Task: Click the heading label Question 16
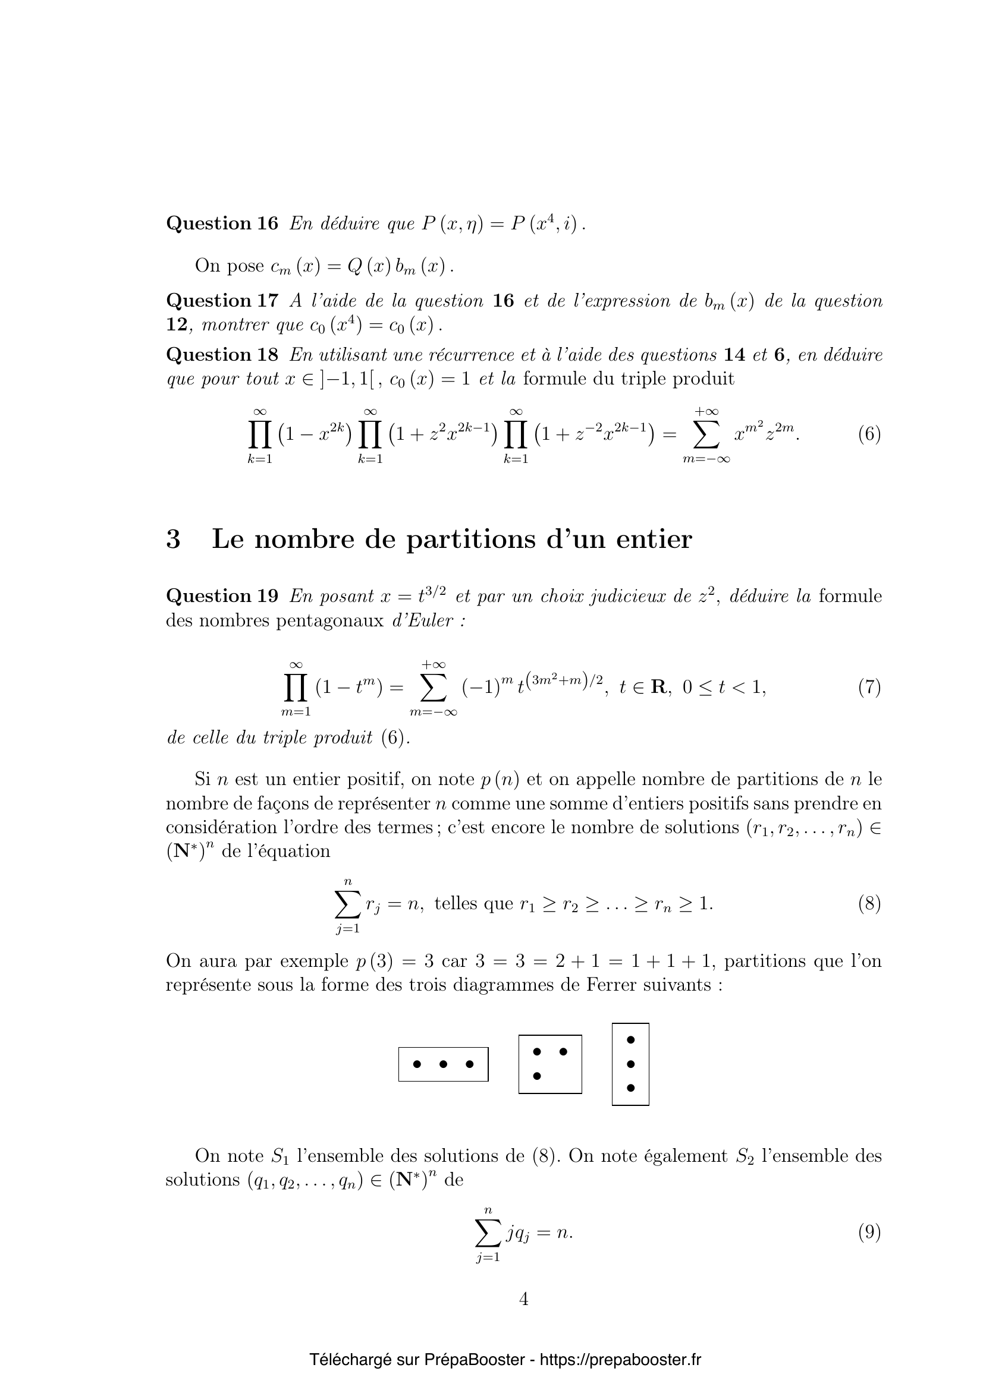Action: coord(222,224)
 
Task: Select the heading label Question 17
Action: coord(222,301)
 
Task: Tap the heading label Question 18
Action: coord(222,355)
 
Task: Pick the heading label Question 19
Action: coord(222,596)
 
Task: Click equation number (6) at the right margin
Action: coord(869,434)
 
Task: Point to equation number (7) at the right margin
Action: coord(869,688)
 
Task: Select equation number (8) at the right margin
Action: coord(869,904)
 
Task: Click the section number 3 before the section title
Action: coord(173,540)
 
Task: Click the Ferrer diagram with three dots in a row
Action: coord(443,1064)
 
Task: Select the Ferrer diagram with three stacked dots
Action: coord(630,1064)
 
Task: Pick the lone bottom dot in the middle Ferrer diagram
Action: coord(536,1076)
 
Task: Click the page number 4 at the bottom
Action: coord(524,1299)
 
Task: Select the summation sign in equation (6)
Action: coord(707,434)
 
